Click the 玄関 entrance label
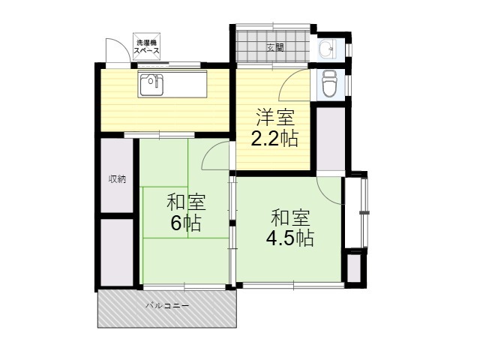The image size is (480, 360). click(275, 47)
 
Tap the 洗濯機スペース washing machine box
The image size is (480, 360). click(147, 46)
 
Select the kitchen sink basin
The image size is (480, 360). click(151, 84)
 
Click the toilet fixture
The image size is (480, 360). click(329, 84)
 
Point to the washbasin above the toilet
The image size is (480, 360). click(328, 48)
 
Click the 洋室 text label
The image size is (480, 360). click(275, 118)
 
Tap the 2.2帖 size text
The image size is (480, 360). click(274, 139)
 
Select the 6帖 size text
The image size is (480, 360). click(186, 223)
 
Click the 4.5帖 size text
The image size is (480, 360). click(290, 238)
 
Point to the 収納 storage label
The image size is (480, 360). click(117, 179)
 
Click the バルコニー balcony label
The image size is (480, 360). click(167, 305)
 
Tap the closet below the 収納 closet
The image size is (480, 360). click(117, 253)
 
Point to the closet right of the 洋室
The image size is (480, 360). click(331, 139)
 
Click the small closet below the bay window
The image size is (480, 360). click(354, 268)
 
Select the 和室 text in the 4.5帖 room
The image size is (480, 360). click(290, 217)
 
